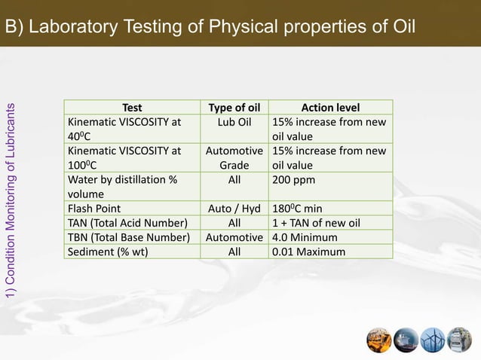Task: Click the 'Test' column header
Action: (131, 108)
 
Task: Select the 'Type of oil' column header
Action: (234, 108)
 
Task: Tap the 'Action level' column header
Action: (330, 108)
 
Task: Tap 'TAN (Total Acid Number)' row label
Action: (127, 223)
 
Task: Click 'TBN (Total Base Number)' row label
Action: (129, 237)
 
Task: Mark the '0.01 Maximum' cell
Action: (308, 252)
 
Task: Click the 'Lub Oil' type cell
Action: (234, 122)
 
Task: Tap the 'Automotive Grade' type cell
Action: (234, 158)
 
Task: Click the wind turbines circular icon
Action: (433, 340)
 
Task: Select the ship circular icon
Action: (406, 340)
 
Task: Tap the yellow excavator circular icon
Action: (379, 340)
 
